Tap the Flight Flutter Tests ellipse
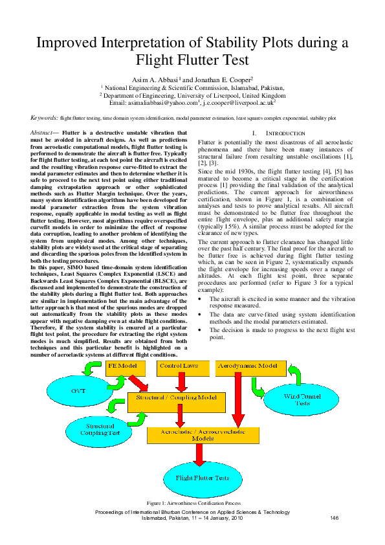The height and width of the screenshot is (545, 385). tap(203, 478)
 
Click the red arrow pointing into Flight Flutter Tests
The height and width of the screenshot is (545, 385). tap(199, 453)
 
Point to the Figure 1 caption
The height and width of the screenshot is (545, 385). tap(193, 503)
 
